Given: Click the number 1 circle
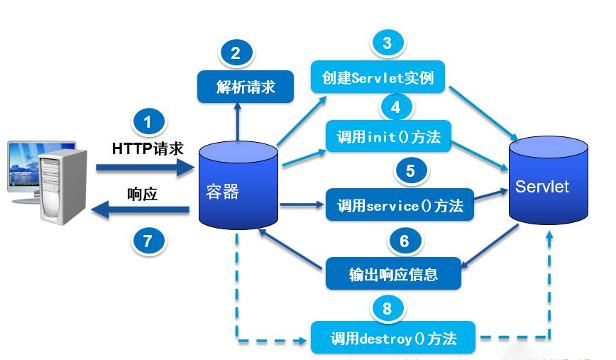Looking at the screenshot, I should pyautogui.click(x=148, y=122).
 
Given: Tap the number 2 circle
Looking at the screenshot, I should pyautogui.click(x=236, y=52).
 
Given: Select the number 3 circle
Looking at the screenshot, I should pyautogui.click(x=387, y=43).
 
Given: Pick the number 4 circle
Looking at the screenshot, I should pyautogui.click(x=396, y=107).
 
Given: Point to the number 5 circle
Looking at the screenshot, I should pyautogui.click(x=410, y=170).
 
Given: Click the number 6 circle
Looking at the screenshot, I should pyautogui.click(x=405, y=241).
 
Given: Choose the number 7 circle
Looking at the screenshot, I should pyautogui.click(x=148, y=241).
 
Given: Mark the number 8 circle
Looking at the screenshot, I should pyautogui.click(x=387, y=308).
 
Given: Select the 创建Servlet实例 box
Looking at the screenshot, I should pyautogui.click(x=378, y=77).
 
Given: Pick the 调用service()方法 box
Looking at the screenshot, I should pyautogui.click(x=400, y=205).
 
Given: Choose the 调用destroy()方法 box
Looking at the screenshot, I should pyautogui.click(x=393, y=338).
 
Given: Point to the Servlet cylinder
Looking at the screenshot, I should pyautogui.click(x=548, y=186).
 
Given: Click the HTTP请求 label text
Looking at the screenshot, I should pyautogui.click(x=148, y=148).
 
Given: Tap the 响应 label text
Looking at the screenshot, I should pyautogui.click(x=142, y=194).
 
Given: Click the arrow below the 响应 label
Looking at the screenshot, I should pyautogui.click(x=142, y=209).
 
